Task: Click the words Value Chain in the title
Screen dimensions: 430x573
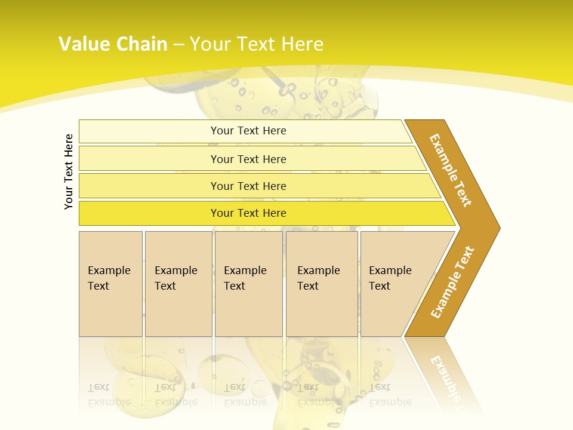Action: pyautogui.click(x=113, y=44)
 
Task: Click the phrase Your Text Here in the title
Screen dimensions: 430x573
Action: pyautogui.click(x=257, y=44)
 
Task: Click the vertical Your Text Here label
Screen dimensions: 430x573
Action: pyautogui.click(x=69, y=171)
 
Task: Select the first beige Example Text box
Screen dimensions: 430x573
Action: pyautogui.click(x=110, y=284)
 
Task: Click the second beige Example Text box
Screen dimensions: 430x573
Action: pyautogui.click(x=178, y=284)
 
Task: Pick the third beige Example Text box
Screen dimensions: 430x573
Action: pyautogui.click(x=248, y=284)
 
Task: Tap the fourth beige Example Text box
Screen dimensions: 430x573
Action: pyautogui.click(x=321, y=284)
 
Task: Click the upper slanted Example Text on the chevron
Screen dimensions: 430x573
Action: pyautogui.click(x=451, y=170)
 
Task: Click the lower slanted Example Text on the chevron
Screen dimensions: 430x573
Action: pyautogui.click(x=452, y=282)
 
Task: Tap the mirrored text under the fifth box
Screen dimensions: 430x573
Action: pyautogui.click(x=390, y=395)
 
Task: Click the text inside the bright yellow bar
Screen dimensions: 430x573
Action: pyautogui.click(x=248, y=213)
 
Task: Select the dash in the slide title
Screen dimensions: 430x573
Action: pyautogui.click(x=178, y=44)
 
